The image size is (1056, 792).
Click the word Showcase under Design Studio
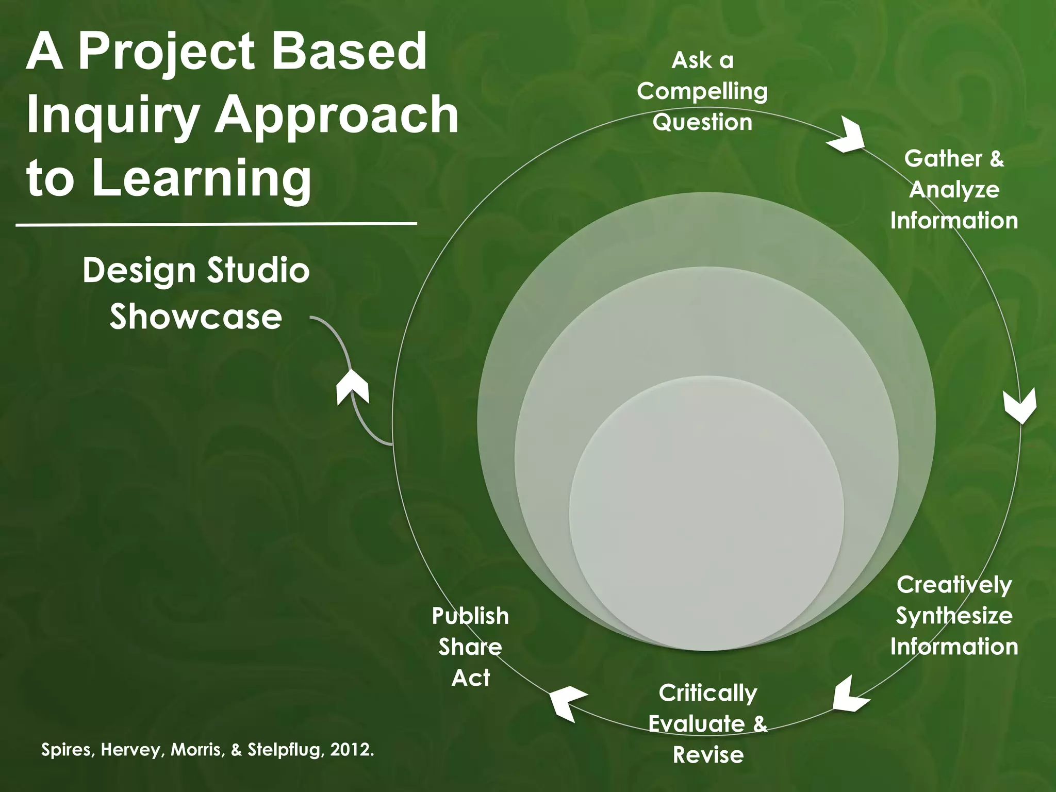(x=196, y=317)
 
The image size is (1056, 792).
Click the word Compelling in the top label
(x=702, y=92)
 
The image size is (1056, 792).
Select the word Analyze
(x=954, y=189)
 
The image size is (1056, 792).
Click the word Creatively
(x=954, y=585)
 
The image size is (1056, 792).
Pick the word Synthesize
(x=954, y=616)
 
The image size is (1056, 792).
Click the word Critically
(x=707, y=693)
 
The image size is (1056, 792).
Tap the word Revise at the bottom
(x=708, y=755)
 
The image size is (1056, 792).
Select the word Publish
(x=470, y=616)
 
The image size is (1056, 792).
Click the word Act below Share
(x=470, y=678)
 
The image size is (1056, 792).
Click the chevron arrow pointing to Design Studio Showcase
(x=353, y=388)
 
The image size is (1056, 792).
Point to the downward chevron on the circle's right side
(x=1020, y=406)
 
